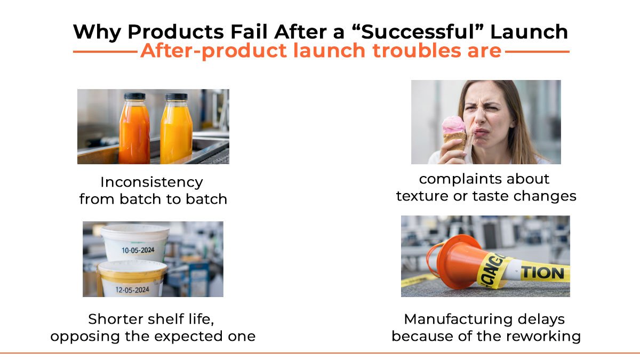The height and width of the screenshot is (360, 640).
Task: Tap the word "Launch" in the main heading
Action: click(x=529, y=32)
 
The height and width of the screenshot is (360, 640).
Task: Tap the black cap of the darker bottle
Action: click(x=134, y=97)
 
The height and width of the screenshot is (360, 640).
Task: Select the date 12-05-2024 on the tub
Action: click(x=133, y=290)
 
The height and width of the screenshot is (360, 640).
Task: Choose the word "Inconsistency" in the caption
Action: click(x=152, y=182)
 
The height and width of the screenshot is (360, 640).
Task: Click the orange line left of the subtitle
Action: click(x=105, y=52)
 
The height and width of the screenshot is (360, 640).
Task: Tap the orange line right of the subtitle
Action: click(x=537, y=52)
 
